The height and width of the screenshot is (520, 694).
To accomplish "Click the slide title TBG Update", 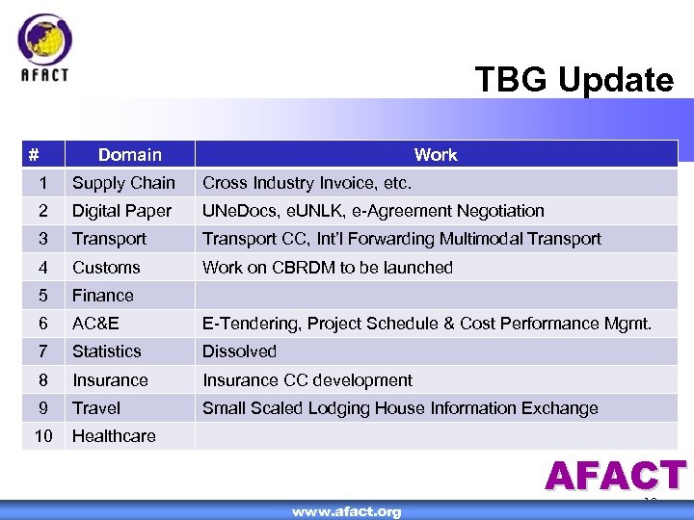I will click(574, 80).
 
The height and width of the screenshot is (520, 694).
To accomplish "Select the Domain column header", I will click(130, 154).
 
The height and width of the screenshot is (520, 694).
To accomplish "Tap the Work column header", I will click(436, 154).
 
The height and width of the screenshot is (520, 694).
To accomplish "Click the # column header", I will click(34, 154).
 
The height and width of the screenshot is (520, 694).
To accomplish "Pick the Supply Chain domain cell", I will click(123, 183).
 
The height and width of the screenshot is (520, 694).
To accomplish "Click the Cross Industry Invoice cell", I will click(307, 183).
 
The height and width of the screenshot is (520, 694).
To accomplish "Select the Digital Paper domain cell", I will click(121, 211).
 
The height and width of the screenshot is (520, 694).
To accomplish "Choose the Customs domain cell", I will click(106, 268).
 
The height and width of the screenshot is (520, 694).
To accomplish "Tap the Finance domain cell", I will click(103, 296).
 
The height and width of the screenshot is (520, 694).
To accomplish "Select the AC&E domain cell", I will click(95, 324).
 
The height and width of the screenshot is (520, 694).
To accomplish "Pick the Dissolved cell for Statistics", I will click(239, 351).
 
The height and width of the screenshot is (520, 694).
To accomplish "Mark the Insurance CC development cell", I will click(307, 380).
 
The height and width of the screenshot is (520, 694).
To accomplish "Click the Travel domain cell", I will click(96, 408).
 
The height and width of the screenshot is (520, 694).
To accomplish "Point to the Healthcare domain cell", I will click(114, 436).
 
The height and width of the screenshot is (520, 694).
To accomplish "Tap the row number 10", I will click(43, 436).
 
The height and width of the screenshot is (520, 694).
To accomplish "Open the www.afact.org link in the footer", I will click(347, 511).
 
